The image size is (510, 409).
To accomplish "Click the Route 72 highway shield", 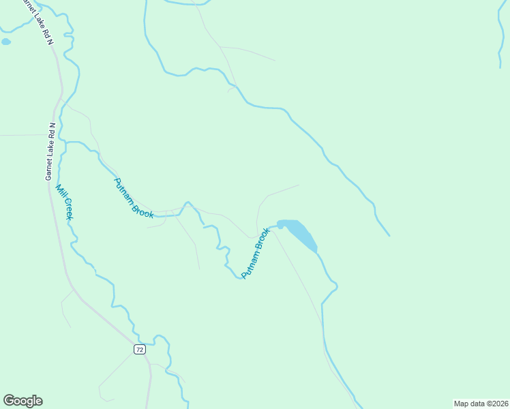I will [x=139, y=349].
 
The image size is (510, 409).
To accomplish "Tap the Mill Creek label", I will [x=64, y=202].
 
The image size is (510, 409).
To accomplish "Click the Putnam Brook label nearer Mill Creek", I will [x=134, y=198].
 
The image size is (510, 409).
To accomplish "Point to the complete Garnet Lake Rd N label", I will [x=50, y=152].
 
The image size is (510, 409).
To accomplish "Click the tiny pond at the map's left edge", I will [x=6, y=42].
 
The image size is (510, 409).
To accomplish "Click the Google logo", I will [x=22, y=401].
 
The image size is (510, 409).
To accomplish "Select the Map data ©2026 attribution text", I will [x=481, y=403].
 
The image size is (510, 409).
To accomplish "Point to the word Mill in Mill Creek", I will [x=60, y=191].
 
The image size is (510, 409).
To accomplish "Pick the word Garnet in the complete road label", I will [x=49, y=168].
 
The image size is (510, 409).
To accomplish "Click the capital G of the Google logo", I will [x=10, y=401].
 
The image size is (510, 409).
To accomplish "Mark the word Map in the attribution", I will [x=461, y=403].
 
